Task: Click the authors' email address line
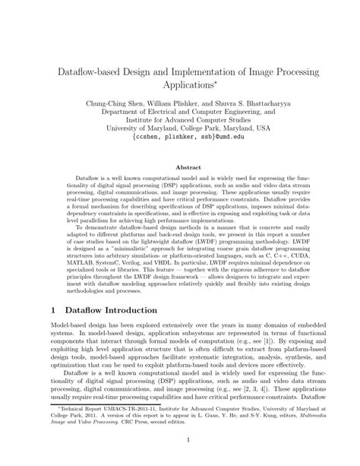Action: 180,138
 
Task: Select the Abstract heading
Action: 180,166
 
